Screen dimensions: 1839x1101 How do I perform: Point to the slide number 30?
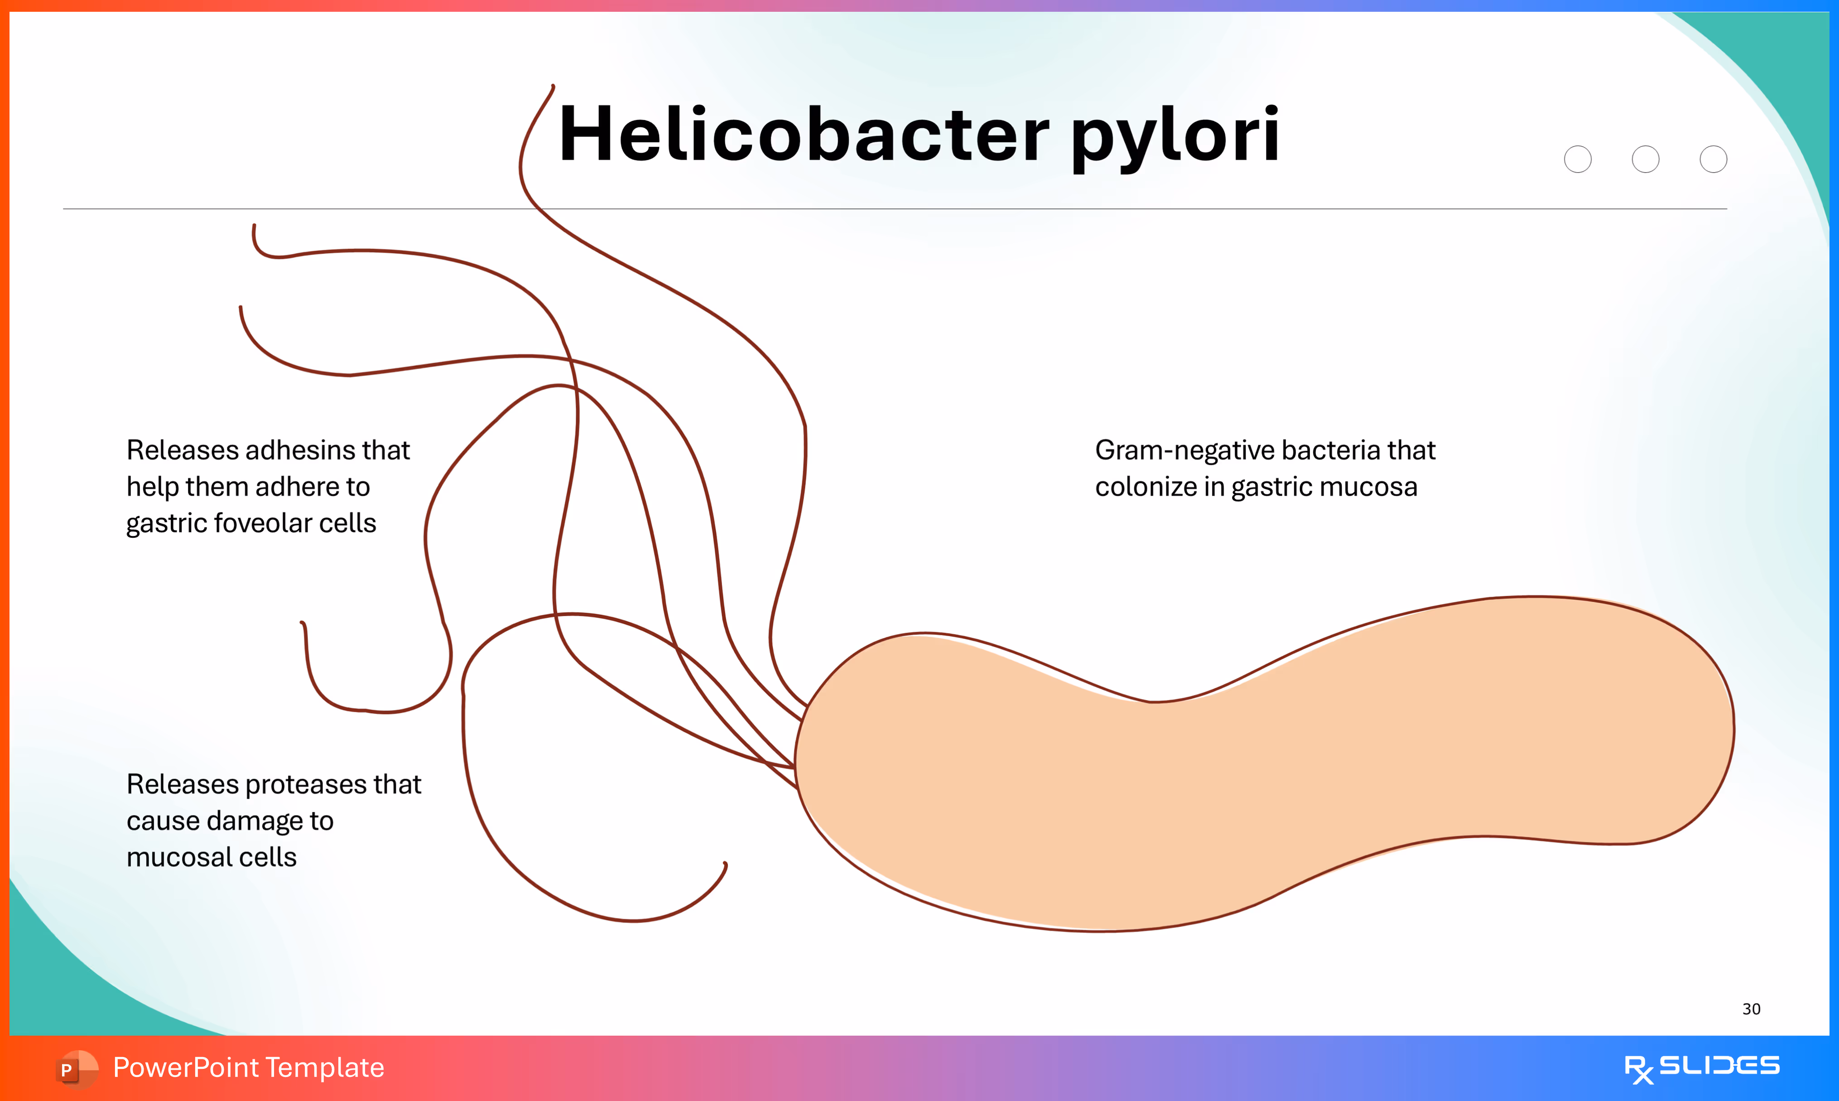[x=1751, y=1009]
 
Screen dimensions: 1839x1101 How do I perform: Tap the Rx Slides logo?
[x=1701, y=1067]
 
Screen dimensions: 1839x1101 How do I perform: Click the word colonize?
[x=1146, y=488]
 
